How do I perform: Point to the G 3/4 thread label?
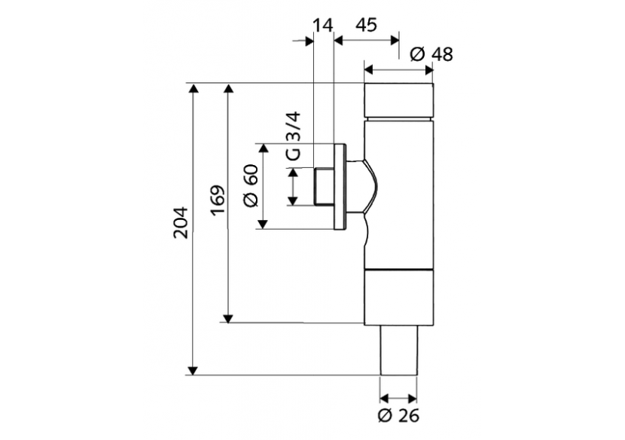point(293,136)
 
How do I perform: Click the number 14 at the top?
point(322,26)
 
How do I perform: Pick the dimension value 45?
point(365,26)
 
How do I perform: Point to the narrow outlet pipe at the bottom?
point(399,350)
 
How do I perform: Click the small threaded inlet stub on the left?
point(322,187)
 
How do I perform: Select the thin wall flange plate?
point(339,187)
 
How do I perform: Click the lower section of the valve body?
point(399,298)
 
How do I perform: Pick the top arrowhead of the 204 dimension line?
point(194,89)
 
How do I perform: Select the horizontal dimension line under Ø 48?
point(399,70)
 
